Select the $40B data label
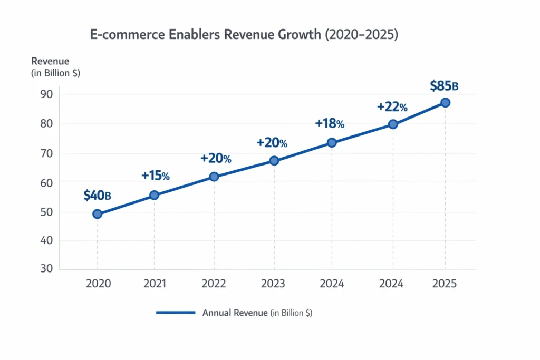click(x=97, y=196)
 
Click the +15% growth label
click(x=155, y=176)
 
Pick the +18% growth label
click(x=330, y=123)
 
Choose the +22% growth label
click(x=392, y=107)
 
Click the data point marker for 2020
click(x=97, y=214)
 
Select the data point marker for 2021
click(x=155, y=195)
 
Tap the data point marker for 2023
click(x=274, y=161)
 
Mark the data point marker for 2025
click(x=446, y=103)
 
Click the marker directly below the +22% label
click(x=393, y=124)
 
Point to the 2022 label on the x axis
click(x=214, y=284)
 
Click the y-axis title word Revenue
click(x=51, y=62)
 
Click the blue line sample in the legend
click(x=176, y=313)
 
